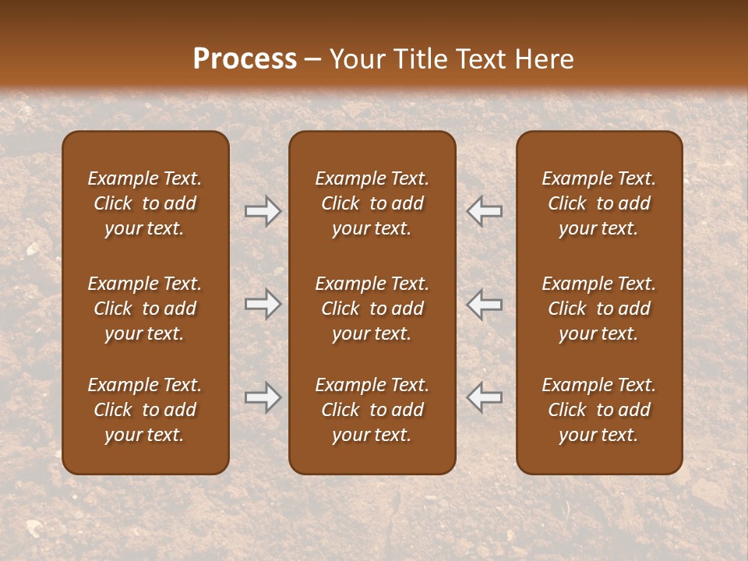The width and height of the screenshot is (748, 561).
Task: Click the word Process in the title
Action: (245, 59)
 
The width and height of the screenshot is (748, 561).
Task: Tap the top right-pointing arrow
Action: (263, 211)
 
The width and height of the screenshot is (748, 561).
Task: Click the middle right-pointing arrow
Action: (263, 304)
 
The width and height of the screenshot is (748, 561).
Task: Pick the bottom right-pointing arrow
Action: (263, 397)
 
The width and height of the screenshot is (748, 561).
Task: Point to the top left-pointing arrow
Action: (485, 211)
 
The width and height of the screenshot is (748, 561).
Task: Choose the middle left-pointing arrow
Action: (485, 304)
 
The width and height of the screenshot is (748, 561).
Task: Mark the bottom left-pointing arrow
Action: (485, 397)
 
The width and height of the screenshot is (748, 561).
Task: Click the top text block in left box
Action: (145, 203)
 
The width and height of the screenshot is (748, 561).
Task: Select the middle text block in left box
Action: (145, 309)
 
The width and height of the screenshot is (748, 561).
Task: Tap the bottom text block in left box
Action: (145, 410)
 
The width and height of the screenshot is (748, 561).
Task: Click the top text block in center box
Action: (372, 203)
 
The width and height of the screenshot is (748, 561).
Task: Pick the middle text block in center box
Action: (372, 309)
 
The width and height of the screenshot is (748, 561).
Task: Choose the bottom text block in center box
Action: (372, 410)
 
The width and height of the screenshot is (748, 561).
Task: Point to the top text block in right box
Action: (598, 203)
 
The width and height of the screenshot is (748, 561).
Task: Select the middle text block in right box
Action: (598, 309)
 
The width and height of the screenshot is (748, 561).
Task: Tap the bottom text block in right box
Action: (598, 410)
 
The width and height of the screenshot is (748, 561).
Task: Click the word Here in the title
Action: (545, 59)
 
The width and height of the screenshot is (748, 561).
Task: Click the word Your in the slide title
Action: (355, 59)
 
